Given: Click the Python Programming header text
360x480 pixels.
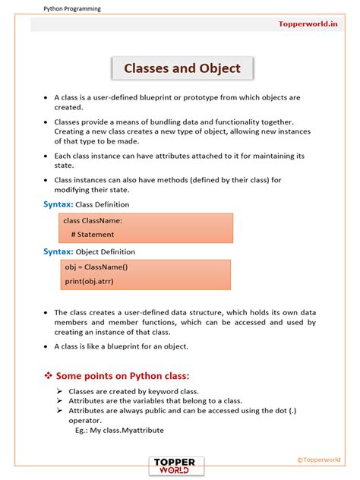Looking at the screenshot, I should click(71, 8).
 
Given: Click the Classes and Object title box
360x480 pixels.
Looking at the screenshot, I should click(182, 68).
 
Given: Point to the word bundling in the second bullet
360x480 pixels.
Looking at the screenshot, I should click(204, 122).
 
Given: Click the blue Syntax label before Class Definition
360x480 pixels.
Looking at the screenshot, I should click(58, 204).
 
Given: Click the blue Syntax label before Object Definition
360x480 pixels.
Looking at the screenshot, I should click(58, 251).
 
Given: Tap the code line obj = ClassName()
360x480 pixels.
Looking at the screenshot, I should click(95, 267).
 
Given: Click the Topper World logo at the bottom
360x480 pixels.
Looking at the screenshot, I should click(176, 466).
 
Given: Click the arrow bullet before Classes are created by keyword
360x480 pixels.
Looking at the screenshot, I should click(60, 391).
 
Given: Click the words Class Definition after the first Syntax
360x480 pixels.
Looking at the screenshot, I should click(103, 205).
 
